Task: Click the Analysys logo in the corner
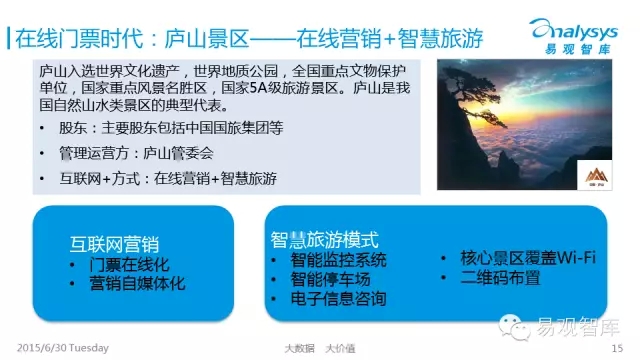(x=574, y=36)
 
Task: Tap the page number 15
(x=617, y=348)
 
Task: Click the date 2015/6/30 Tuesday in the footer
(x=63, y=348)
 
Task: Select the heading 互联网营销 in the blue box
(x=114, y=244)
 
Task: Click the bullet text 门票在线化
(x=129, y=264)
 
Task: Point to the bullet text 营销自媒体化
(x=137, y=283)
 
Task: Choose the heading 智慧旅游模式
(x=324, y=240)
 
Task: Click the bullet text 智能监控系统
(x=338, y=260)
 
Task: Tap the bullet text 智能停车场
(x=330, y=279)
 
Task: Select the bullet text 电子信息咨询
(x=338, y=298)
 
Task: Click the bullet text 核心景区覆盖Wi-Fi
(x=528, y=258)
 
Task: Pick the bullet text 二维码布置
(x=500, y=278)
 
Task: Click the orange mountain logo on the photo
(x=596, y=176)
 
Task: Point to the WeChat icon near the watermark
(x=514, y=327)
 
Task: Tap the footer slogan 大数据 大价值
(x=320, y=349)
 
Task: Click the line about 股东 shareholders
(x=171, y=128)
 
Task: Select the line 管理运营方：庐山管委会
(x=136, y=153)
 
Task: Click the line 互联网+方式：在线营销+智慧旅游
(x=168, y=178)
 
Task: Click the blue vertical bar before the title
(x=8, y=38)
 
